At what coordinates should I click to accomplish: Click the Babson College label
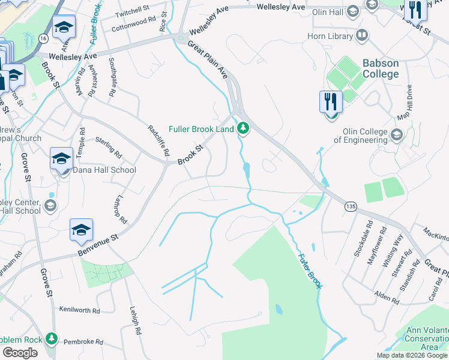[380, 68]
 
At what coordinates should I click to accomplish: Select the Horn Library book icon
[362, 36]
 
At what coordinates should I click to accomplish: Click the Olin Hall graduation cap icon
[353, 11]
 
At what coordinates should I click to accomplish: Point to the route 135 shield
[351, 206]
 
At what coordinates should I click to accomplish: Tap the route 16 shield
[42, 38]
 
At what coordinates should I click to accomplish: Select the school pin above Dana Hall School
[61, 160]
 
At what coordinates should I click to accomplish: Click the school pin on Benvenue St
[82, 230]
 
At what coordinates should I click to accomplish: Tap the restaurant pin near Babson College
[331, 101]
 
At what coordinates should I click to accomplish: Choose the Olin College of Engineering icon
[396, 136]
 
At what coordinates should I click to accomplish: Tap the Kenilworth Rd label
[79, 310]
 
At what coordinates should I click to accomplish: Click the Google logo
[20, 353]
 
